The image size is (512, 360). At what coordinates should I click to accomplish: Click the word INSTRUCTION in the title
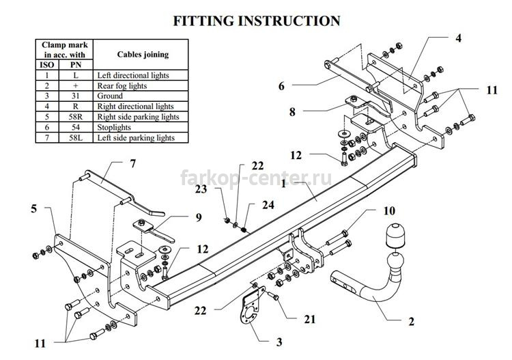point(289,20)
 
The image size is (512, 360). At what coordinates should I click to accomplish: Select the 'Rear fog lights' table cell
point(141,85)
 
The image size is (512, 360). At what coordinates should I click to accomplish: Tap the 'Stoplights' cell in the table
point(141,127)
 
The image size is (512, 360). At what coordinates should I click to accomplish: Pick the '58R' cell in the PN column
point(76,117)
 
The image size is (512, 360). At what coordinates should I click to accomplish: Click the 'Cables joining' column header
point(141,54)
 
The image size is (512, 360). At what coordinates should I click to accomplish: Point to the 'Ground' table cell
point(141,96)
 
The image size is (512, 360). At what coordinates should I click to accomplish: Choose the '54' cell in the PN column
point(76,127)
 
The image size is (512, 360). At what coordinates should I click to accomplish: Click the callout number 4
point(459,38)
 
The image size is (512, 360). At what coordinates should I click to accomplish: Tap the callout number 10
point(389,210)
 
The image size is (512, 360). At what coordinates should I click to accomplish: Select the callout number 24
point(268,205)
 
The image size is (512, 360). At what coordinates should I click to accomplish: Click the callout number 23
point(201,189)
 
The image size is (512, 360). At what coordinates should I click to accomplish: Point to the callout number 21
point(309,319)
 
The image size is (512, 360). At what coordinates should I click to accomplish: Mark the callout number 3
point(279,342)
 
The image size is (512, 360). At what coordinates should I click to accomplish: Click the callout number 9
point(199,217)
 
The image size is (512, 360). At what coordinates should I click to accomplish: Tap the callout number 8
point(292,112)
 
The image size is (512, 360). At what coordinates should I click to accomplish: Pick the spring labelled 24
point(244,230)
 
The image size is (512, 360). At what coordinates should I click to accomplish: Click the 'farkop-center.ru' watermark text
point(256,178)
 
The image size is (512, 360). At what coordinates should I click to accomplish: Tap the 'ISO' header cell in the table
point(47,65)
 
